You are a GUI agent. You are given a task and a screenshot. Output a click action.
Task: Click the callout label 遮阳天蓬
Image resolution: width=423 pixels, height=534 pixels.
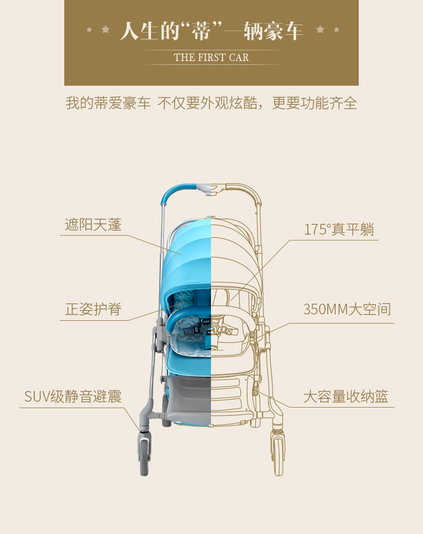point(93,224)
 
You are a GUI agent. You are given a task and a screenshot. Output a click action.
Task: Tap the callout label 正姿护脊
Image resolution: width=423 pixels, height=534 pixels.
point(93,309)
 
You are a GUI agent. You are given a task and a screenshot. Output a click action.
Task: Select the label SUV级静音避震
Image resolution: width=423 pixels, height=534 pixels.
point(73,396)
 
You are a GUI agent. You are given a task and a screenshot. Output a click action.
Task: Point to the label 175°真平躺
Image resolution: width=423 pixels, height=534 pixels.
point(339,229)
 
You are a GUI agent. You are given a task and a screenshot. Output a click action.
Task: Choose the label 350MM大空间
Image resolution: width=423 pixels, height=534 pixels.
point(347,309)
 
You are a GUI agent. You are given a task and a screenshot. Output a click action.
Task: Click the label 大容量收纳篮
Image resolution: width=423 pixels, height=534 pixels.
point(345,397)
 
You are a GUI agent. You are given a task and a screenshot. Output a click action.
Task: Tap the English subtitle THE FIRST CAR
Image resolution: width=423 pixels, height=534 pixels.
point(211,57)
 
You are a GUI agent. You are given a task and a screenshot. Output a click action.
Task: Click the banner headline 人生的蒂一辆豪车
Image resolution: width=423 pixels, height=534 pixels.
point(211,31)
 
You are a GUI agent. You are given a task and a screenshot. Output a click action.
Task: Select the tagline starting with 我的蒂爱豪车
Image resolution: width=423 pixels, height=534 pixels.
point(211,103)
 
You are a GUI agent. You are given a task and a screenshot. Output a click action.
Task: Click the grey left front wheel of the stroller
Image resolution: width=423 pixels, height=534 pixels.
point(145,455)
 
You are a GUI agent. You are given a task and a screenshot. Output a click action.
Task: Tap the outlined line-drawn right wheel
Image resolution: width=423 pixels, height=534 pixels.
point(277,455)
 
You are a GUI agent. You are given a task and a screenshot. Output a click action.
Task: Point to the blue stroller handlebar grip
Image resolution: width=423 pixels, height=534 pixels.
point(179,190)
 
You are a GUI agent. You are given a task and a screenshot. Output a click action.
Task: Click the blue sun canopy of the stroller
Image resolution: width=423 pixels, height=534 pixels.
point(187,246)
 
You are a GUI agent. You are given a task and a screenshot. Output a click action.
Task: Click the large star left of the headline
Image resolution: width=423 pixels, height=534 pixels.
point(105,29)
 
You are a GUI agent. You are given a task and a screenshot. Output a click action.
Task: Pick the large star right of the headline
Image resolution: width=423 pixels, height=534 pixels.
point(320,29)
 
